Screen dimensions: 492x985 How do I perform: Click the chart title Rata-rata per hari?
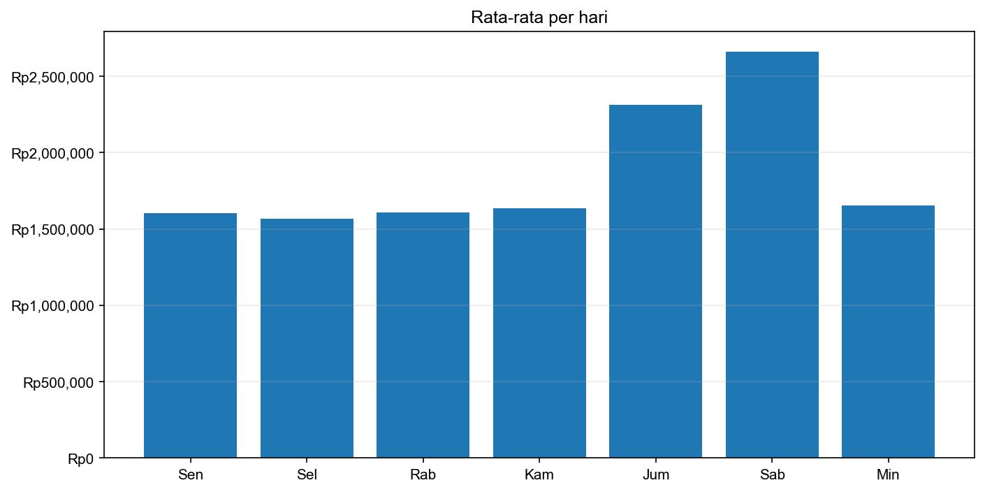539,17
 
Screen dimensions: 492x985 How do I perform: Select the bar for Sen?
190,335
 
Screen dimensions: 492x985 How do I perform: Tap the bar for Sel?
307,338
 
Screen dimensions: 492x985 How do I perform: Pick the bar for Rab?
423,335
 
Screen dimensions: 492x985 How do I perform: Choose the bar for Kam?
539,333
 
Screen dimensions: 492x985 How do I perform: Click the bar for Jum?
655,282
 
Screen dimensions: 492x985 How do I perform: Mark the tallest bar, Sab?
772,255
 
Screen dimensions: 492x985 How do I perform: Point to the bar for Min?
888,332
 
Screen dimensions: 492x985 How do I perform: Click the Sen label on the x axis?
190,475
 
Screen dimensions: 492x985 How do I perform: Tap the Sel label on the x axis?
307,475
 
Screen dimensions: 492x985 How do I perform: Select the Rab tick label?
423,475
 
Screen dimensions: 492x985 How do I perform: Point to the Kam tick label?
539,475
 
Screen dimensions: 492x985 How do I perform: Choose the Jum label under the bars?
655,475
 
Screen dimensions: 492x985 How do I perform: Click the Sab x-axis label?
772,475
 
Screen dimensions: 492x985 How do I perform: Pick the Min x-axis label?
888,475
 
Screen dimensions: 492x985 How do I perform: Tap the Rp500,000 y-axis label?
59,382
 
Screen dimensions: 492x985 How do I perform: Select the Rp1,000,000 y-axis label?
52,305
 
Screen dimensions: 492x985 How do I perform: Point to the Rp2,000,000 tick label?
52,153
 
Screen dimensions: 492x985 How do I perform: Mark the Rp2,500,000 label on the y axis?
52,76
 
